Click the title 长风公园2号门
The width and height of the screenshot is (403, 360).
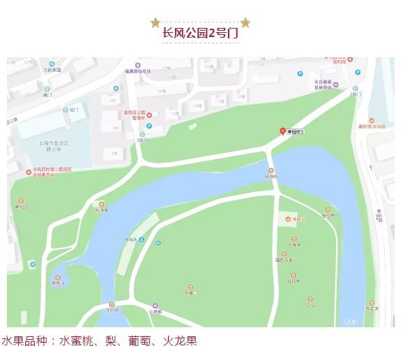[x=201, y=32]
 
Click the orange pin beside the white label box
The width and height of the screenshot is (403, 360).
[x=282, y=130]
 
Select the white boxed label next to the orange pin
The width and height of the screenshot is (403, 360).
[x=297, y=131]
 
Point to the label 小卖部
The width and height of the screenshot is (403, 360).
[x=155, y=312]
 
